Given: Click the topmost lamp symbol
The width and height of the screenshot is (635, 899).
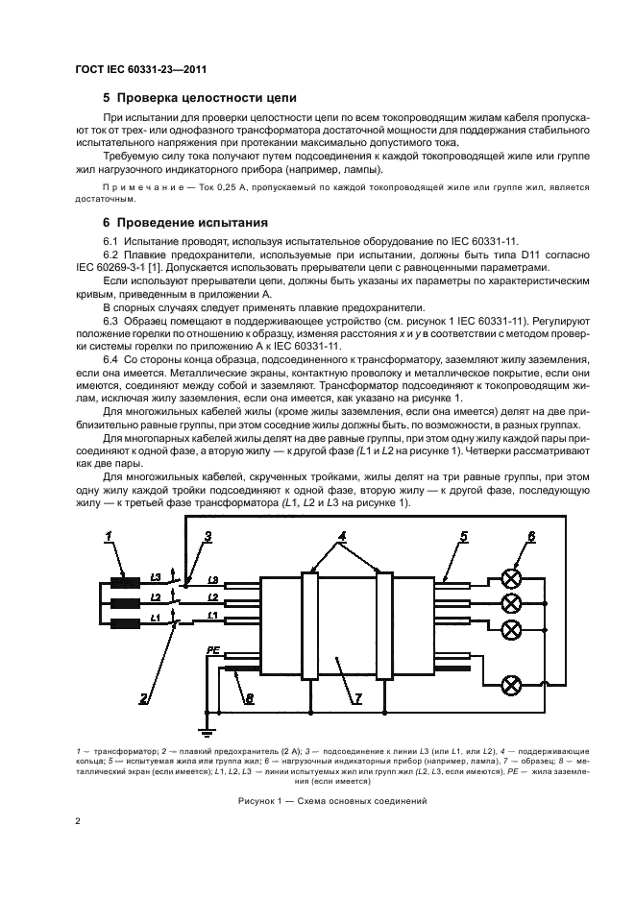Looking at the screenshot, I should point(512,579).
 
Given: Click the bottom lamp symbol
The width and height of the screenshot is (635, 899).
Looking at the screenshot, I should point(512,685).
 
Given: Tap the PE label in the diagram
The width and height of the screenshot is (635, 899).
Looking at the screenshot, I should point(214,650).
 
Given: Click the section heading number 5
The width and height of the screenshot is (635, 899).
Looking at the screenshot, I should point(106,98).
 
